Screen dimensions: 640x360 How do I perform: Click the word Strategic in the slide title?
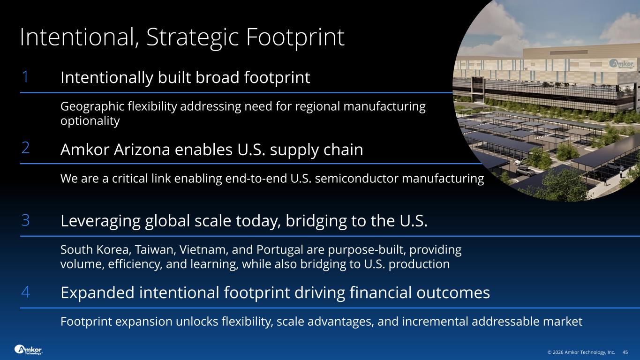[193, 37]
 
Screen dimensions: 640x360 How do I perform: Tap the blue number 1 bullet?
[25, 76]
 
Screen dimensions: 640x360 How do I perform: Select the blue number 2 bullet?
[25, 148]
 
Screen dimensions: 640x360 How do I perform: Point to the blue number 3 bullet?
[25, 220]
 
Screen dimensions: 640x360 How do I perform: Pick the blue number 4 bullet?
[25, 292]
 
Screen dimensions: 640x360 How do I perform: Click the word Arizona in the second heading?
[142, 150]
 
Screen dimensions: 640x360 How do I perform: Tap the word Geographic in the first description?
[92, 107]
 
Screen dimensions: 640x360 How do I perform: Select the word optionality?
[90, 121]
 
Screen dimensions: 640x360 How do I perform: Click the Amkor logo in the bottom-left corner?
[28, 350]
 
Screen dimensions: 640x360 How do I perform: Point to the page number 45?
[625, 352]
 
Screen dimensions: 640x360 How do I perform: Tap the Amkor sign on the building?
[621, 64]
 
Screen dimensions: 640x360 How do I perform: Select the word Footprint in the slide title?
[295, 37]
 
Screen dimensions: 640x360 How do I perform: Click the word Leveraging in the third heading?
[100, 221]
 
